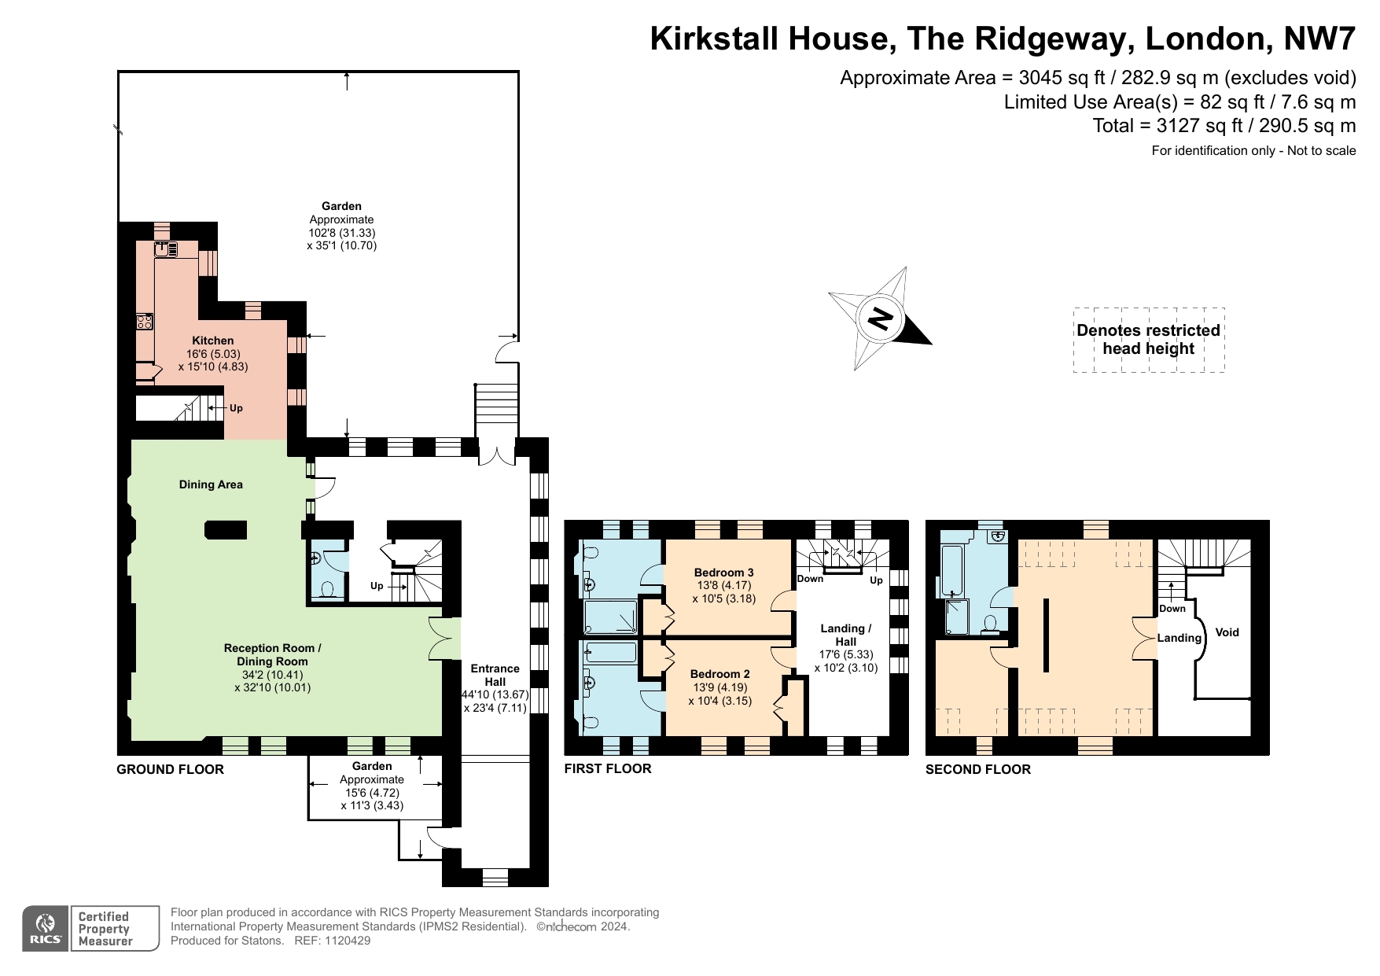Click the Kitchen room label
(213, 341)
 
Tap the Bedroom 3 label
(723, 573)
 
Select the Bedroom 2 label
(719, 674)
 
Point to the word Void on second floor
(1227, 632)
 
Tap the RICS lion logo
(46, 929)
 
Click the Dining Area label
(211, 484)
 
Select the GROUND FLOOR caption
(170, 769)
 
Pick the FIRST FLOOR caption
(608, 768)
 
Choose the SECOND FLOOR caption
(977, 769)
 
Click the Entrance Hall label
(495, 675)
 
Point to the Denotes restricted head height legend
(1149, 340)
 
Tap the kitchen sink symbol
(166, 249)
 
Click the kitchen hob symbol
(145, 321)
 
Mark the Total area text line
(1224, 126)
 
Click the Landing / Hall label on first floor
(846, 635)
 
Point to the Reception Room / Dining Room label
(272, 654)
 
